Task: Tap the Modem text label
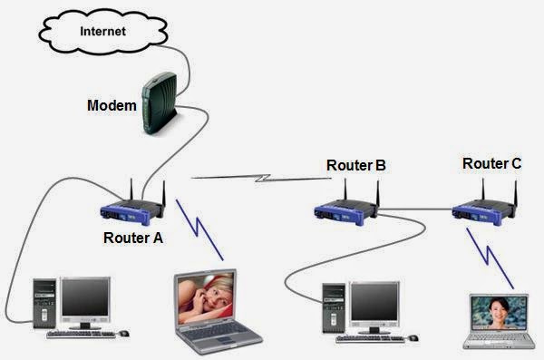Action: coord(112,105)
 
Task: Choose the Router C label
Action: coord(491,164)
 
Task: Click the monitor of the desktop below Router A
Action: coord(85,300)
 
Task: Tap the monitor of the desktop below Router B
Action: coord(374,304)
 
